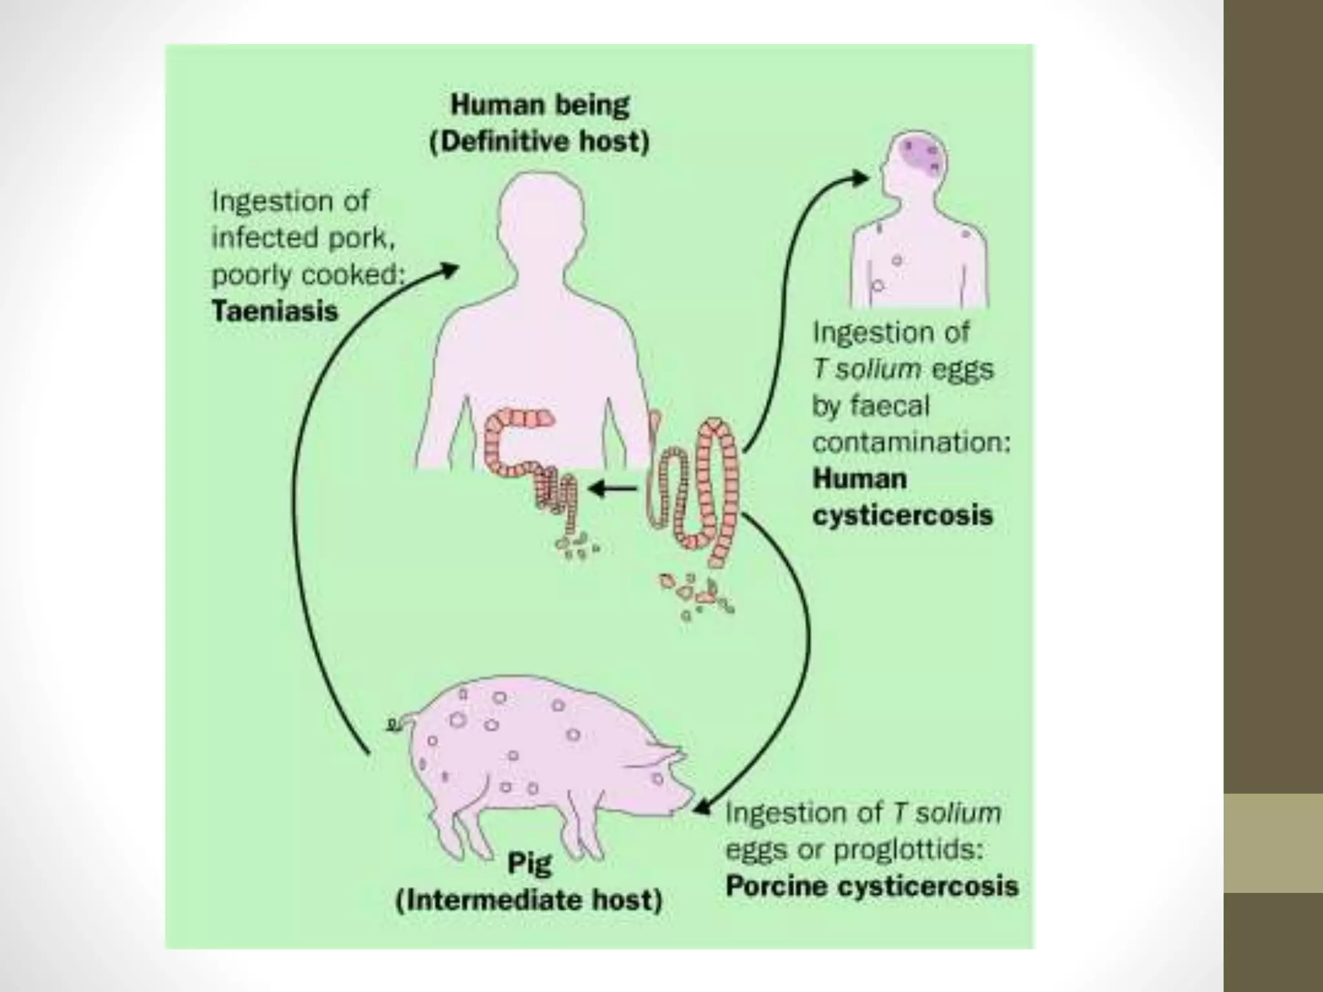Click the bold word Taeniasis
point(275,311)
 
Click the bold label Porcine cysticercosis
point(871,886)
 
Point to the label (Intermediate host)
point(529,900)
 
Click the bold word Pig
point(530,863)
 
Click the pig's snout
point(686,801)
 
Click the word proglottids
point(908,849)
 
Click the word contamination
point(911,442)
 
